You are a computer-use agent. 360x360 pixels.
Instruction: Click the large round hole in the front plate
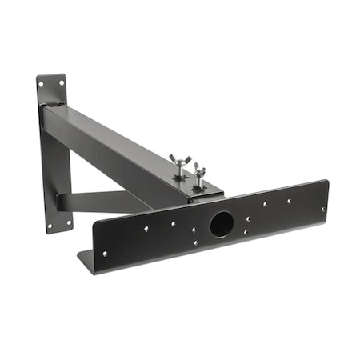click(222, 223)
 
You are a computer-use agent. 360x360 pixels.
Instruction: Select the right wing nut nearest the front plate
click(198, 174)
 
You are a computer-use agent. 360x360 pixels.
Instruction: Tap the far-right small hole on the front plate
click(323, 208)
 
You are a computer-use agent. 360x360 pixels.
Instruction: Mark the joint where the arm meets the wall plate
click(52, 108)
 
